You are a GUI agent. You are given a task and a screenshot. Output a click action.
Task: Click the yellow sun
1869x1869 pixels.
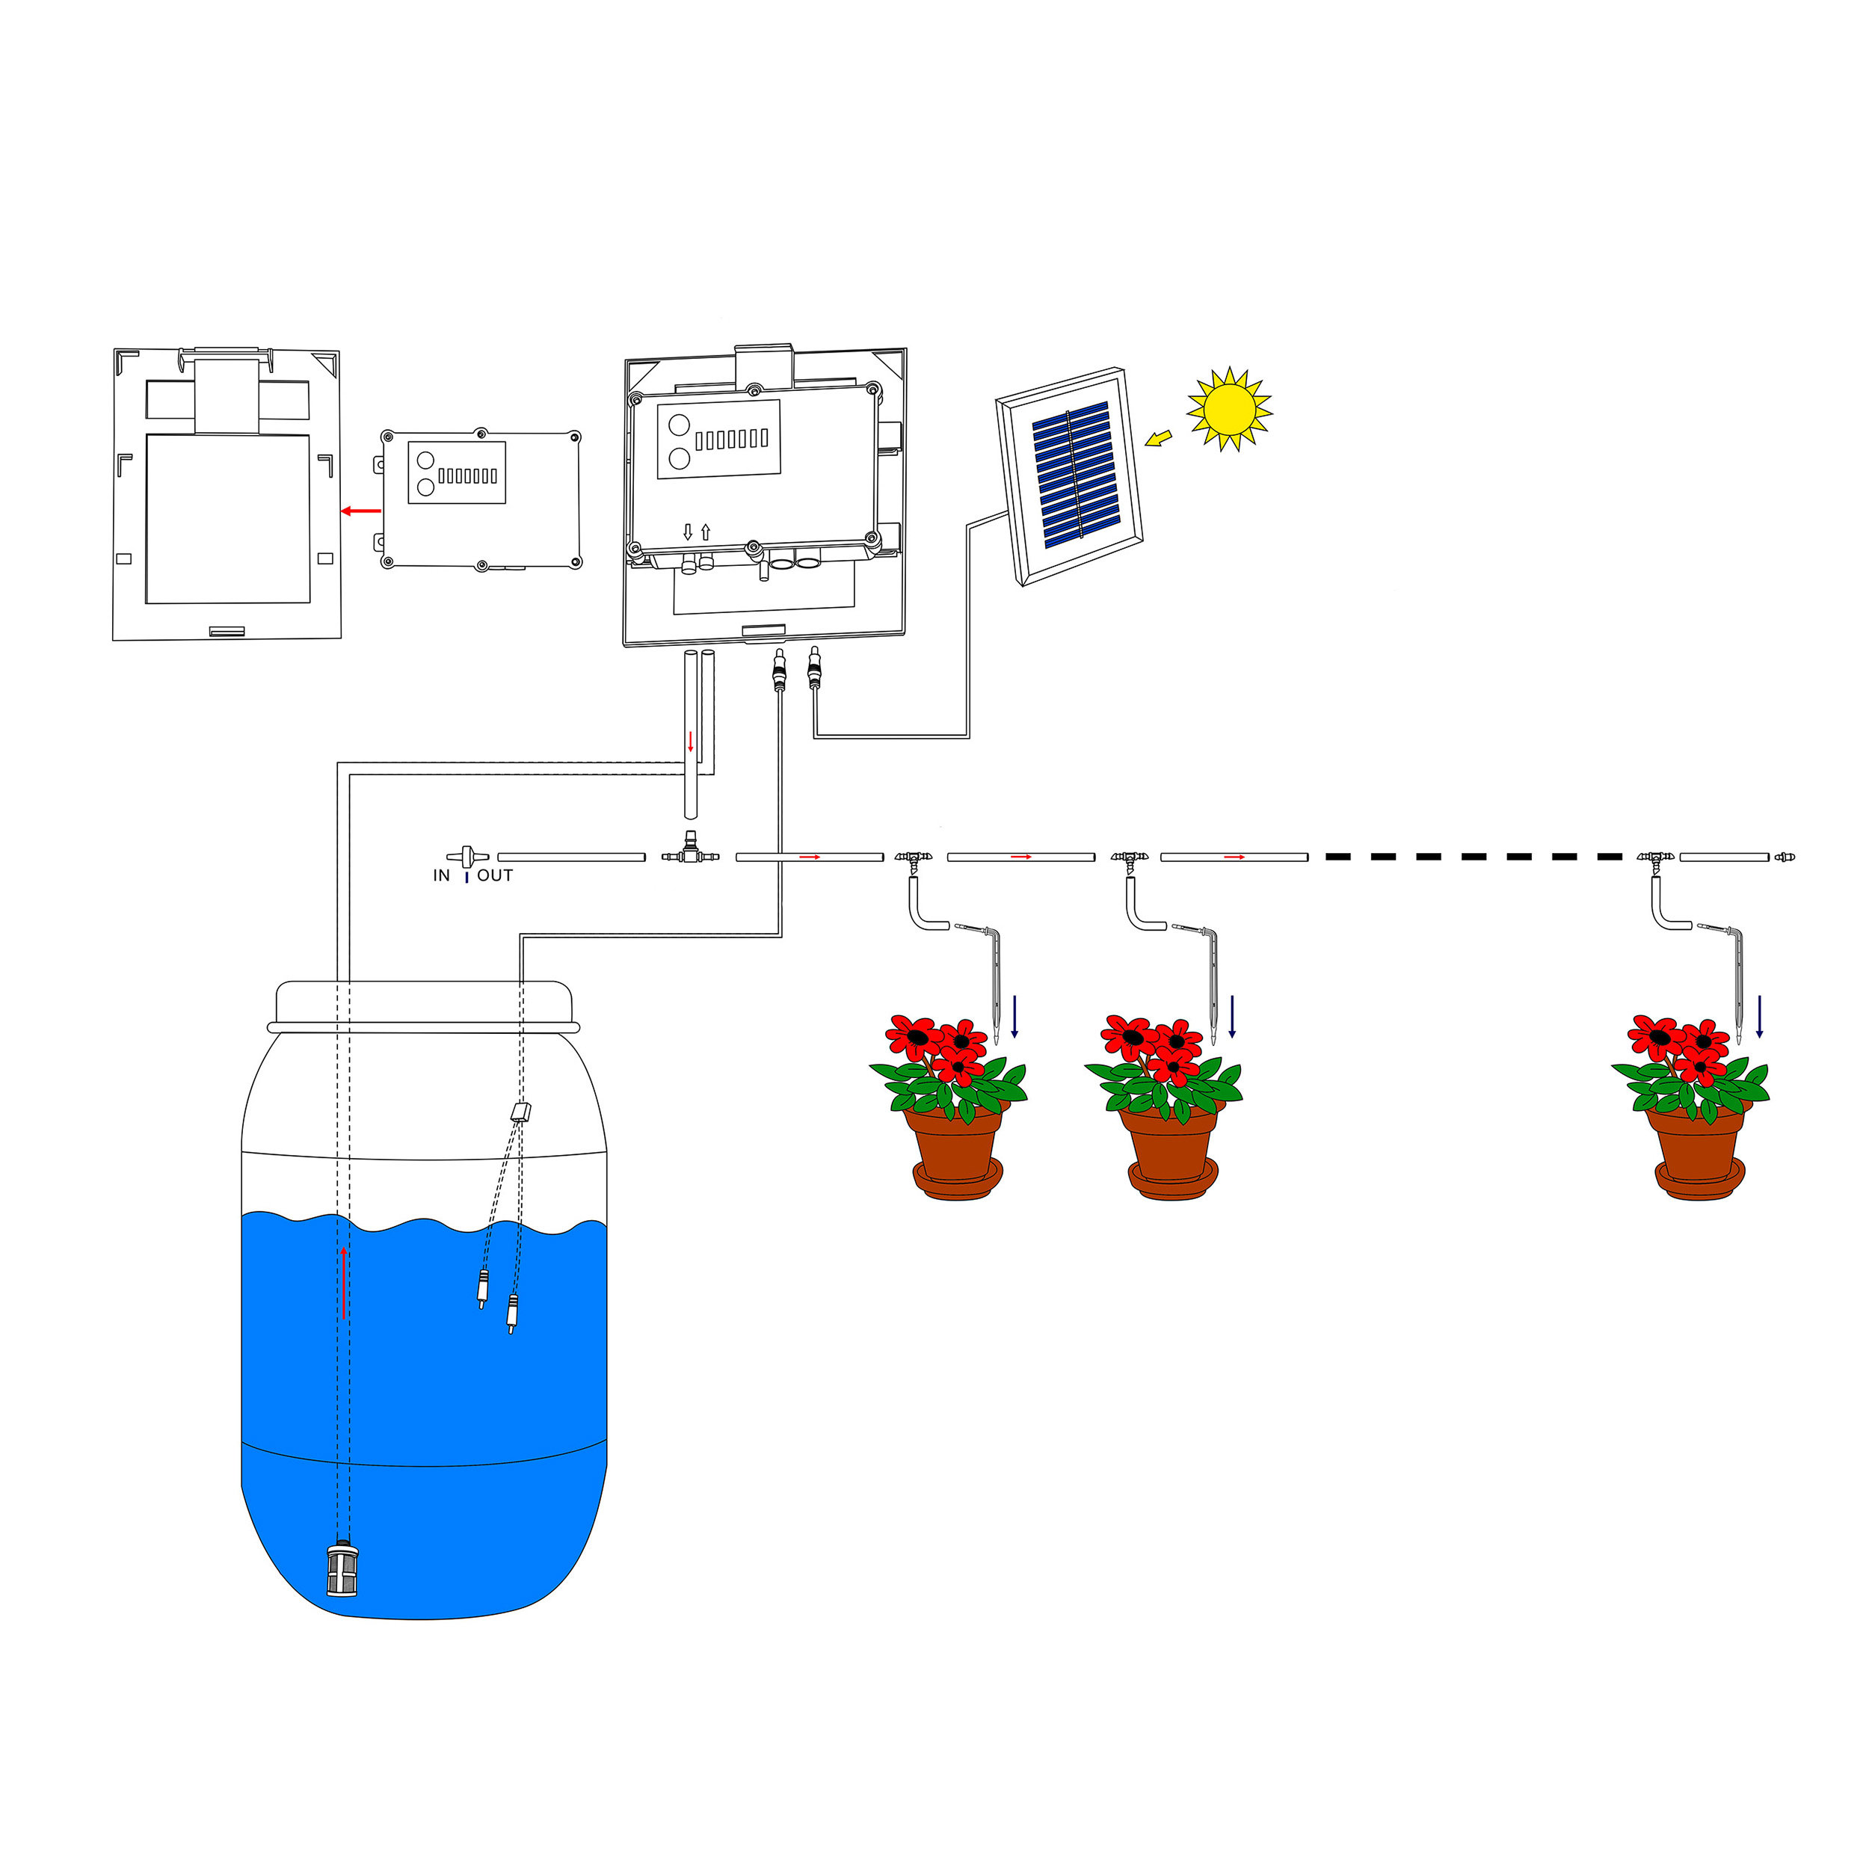[1228, 408]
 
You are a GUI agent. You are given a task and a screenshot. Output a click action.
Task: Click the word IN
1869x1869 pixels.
[441, 875]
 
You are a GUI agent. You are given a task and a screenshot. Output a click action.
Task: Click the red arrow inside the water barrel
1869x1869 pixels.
[343, 1283]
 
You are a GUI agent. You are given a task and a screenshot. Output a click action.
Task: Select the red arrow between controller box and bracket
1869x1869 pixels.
[361, 511]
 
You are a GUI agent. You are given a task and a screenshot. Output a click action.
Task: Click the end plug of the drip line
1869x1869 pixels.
[1785, 856]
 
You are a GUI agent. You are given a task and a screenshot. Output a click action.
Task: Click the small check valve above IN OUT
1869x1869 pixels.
[467, 855]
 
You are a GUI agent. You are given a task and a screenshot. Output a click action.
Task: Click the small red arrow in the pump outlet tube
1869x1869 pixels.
[690, 741]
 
